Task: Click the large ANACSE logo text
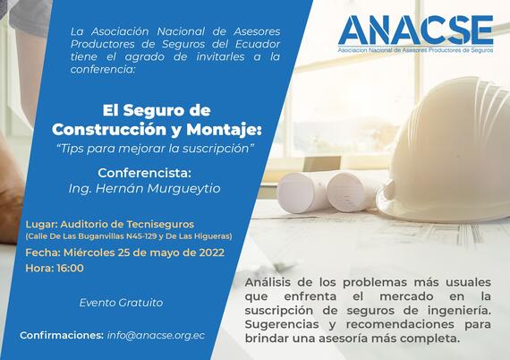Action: coord(416,30)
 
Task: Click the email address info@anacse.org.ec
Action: coord(156,336)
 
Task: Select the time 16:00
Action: coord(71,269)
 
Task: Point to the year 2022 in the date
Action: coord(212,253)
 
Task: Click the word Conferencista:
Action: coord(144,173)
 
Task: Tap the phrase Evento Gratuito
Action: coord(121,303)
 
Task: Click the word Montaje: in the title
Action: coord(224,130)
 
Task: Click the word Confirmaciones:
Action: coord(62,335)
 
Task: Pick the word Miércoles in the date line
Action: coord(89,253)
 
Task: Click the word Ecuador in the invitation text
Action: coord(258,44)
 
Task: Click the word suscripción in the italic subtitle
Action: coord(216,149)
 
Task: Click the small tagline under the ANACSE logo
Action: coord(415,50)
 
